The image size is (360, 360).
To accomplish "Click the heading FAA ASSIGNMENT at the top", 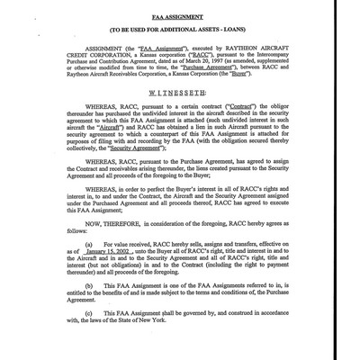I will point(179,18).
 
